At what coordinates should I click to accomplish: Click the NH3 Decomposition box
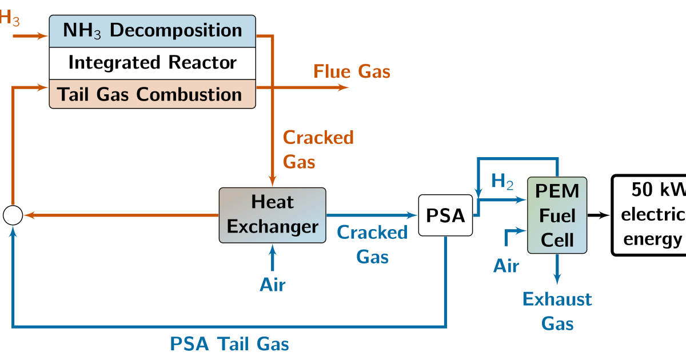[x=152, y=31]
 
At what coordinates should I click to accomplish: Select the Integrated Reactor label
[x=152, y=63]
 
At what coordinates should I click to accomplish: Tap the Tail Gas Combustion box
[x=152, y=94]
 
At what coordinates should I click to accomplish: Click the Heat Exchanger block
[x=272, y=215]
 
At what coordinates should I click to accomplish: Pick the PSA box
[x=445, y=215]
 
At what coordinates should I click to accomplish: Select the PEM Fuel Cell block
[x=557, y=215]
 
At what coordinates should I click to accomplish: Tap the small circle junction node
[x=13, y=215]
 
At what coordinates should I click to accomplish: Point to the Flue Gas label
[x=352, y=71]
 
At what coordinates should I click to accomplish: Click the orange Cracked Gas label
[x=318, y=150]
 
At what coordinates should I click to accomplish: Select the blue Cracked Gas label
[x=372, y=245]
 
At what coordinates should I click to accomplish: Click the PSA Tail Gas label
[x=229, y=344]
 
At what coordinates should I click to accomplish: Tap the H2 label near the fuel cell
[x=502, y=182]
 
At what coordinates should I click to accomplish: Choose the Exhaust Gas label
[x=557, y=311]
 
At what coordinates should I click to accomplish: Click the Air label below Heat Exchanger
[x=273, y=284]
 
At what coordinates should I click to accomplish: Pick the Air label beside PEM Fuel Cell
[x=506, y=266]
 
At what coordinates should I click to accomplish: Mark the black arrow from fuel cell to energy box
[x=599, y=215]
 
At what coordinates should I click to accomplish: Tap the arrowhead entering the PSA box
[x=413, y=215]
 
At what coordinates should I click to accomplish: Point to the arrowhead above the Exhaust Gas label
[x=557, y=278]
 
